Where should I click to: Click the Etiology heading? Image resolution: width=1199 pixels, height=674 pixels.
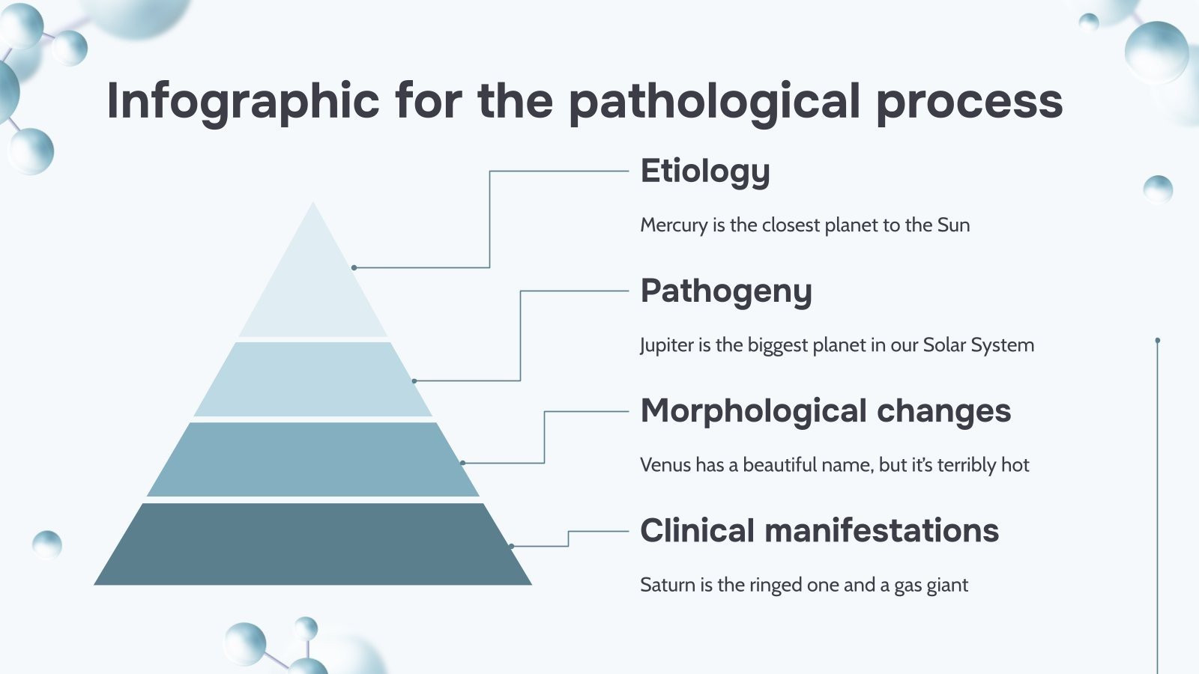point(704,171)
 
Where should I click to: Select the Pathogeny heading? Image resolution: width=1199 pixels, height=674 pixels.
point(725,291)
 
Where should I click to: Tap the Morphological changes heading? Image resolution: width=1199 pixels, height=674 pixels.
point(825,411)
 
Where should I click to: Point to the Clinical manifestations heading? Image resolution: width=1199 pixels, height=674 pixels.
point(819,531)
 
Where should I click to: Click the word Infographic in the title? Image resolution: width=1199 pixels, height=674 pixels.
point(243,101)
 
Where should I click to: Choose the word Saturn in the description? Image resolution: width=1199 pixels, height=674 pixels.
point(668,585)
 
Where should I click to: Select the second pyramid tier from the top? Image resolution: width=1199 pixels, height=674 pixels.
point(313,379)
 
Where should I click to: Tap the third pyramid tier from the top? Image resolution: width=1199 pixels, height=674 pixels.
point(313,459)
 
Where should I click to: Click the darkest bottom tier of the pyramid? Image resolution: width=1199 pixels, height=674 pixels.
point(313,544)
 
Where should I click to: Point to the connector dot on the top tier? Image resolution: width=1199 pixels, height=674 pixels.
point(354,267)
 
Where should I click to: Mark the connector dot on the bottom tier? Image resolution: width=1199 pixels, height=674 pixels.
point(511,546)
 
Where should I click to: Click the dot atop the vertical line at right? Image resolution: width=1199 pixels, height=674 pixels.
point(1158,341)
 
